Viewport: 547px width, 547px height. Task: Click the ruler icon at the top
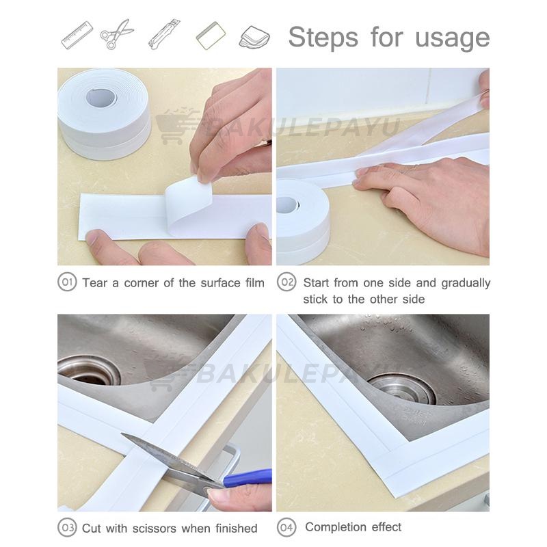77,35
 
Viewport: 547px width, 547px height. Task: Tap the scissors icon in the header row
116,34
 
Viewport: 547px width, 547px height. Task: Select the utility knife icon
164,34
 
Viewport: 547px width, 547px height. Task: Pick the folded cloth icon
254,37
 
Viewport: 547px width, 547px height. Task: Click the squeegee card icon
211,36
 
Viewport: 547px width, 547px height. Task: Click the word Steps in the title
323,38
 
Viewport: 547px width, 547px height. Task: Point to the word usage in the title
453,38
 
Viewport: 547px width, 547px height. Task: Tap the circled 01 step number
67,282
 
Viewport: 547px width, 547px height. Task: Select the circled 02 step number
286,282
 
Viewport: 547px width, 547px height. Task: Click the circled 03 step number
67,527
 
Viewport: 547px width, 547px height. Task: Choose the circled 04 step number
286,527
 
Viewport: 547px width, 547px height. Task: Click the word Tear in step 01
94,282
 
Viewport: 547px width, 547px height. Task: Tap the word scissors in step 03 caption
155,528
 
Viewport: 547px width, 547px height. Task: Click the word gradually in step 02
466,283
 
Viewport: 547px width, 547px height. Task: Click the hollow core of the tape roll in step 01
101,97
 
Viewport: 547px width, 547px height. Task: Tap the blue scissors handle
248,477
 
